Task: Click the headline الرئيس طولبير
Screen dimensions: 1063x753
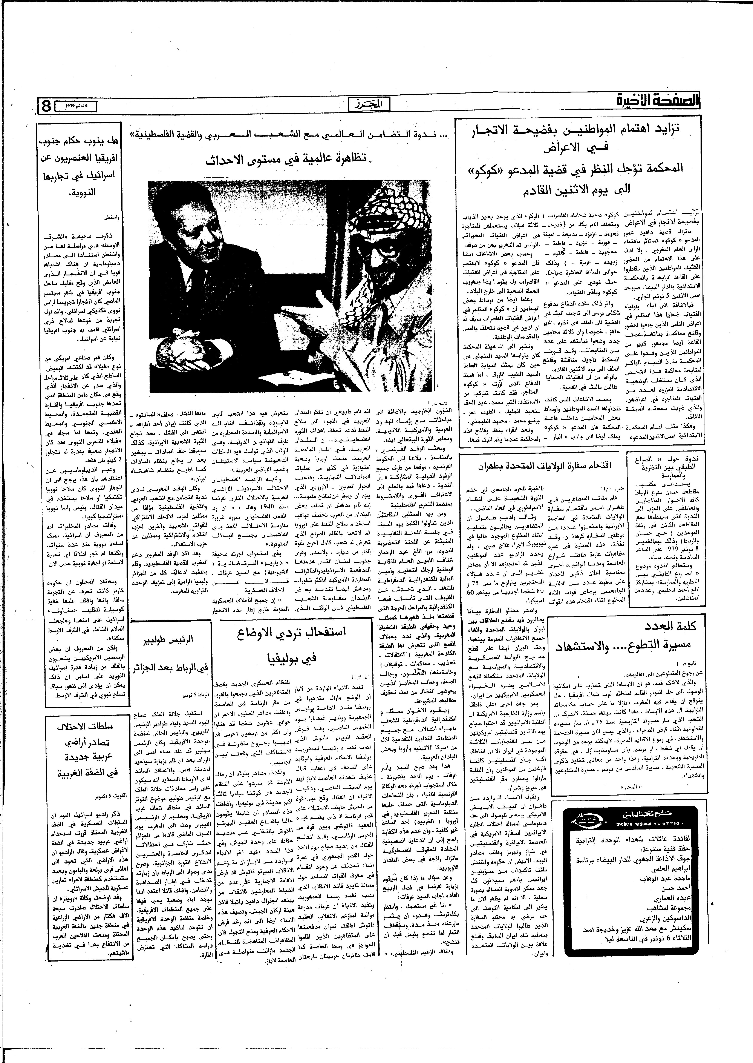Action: click(171, 641)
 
